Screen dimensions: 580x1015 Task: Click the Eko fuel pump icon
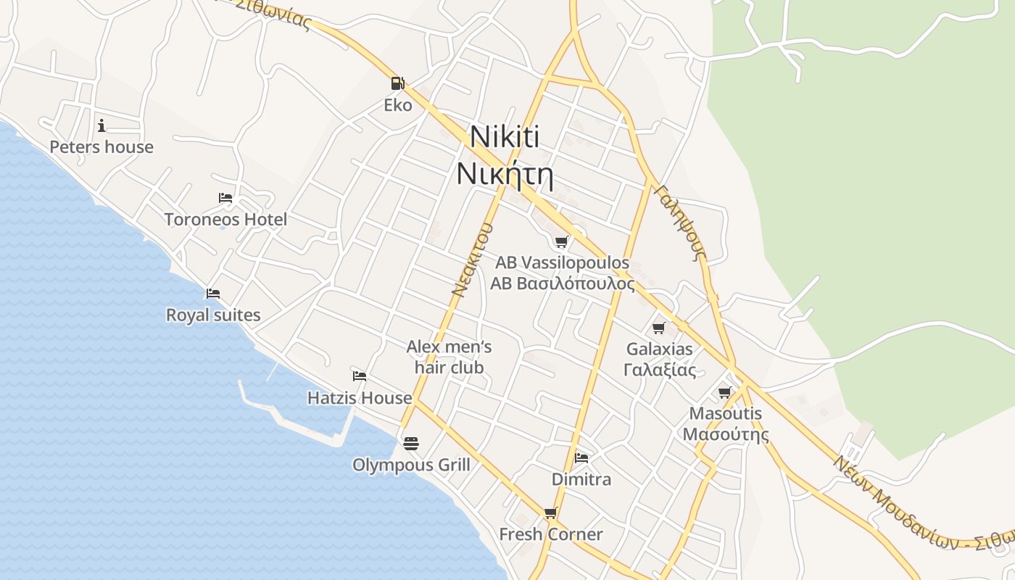click(x=397, y=83)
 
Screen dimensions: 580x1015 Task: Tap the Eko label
click(x=398, y=105)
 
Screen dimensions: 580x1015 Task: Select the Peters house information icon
click(x=101, y=125)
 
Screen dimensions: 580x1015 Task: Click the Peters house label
click(x=101, y=147)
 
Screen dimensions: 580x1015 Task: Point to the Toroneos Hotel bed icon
click(x=225, y=198)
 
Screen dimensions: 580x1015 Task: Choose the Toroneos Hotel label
click(x=225, y=219)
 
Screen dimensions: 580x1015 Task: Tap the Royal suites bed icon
click(x=213, y=294)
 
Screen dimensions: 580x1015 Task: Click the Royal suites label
click(x=213, y=315)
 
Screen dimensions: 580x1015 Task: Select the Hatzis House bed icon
click(x=360, y=376)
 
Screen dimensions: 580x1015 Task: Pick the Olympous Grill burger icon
click(x=411, y=443)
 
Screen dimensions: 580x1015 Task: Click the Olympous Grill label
click(x=411, y=465)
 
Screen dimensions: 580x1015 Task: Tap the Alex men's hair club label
click(x=449, y=357)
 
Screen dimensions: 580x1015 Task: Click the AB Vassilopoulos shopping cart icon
click(x=562, y=241)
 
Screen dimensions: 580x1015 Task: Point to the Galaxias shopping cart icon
click(x=659, y=328)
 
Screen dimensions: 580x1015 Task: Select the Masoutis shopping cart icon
click(x=725, y=392)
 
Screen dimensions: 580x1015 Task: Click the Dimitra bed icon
click(x=581, y=457)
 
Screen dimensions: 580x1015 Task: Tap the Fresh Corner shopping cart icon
click(x=551, y=513)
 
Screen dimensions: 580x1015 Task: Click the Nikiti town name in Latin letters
click(x=505, y=137)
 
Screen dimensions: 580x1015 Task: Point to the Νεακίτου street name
click(x=473, y=260)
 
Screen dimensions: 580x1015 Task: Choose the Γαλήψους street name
click(x=679, y=223)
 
